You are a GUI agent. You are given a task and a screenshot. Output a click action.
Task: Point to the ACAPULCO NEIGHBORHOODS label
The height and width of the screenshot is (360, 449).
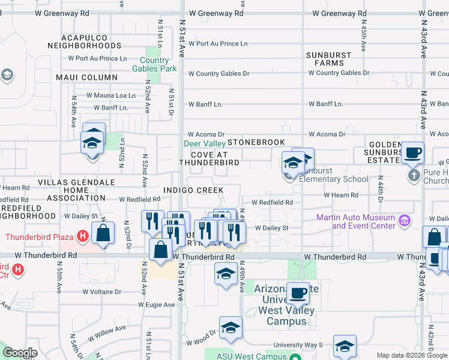84,41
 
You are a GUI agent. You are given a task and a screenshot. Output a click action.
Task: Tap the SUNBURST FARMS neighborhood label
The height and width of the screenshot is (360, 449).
328,59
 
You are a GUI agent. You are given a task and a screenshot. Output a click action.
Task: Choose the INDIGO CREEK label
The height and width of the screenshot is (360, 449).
193,190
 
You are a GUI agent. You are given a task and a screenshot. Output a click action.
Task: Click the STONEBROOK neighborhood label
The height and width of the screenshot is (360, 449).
256,143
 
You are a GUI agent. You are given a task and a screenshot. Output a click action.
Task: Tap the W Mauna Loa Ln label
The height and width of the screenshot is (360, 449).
111,95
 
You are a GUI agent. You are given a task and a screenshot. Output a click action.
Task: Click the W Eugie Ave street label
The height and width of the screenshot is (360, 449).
157,305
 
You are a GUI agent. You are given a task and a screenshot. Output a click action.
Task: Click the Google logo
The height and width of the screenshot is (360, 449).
20,353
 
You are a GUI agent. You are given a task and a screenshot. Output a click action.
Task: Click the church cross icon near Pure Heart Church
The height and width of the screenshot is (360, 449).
414,176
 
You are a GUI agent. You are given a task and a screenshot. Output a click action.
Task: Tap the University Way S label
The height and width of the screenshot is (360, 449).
298,345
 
